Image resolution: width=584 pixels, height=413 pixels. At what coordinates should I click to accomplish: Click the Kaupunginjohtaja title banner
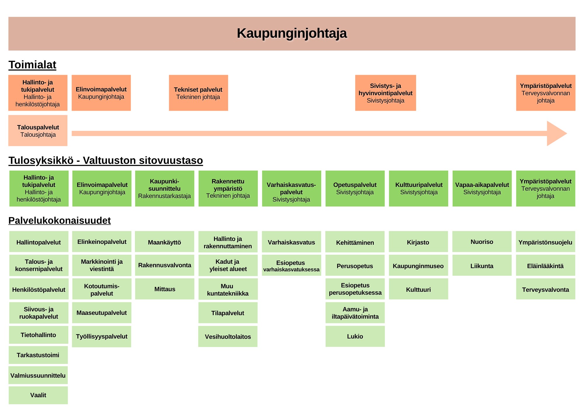pos(292,34)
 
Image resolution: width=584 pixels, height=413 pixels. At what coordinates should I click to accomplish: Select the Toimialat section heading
pos(32,65)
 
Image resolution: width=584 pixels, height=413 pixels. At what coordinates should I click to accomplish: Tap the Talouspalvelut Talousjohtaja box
pos(38,131)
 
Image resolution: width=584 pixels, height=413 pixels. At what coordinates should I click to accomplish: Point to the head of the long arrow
pos(566,133)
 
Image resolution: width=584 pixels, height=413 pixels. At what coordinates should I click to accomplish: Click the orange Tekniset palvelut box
pos(199,93)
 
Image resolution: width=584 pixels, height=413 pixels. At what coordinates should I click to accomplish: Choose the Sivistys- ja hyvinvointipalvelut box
pos(385,93)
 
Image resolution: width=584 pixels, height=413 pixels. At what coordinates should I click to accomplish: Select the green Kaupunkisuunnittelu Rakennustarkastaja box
pos(165,189)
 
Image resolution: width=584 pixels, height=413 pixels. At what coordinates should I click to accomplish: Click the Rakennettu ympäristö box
pos(228,189)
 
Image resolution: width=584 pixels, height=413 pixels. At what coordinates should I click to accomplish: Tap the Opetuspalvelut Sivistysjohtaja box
pos(355,189)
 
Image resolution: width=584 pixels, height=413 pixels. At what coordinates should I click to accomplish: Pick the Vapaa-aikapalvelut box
pos(482,189)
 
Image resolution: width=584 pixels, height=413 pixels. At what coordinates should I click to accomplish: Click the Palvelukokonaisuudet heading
pos(60,221)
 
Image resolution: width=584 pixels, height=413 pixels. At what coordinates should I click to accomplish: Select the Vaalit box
pos(38,395)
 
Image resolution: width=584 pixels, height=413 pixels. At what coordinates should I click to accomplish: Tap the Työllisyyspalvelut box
pos(102,336)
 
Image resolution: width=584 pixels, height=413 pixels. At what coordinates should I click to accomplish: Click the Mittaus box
pos(165,289)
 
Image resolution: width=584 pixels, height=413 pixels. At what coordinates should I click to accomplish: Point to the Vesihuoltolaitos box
pos(228,336)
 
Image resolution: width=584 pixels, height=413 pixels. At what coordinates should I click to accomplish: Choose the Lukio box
pos(355,336)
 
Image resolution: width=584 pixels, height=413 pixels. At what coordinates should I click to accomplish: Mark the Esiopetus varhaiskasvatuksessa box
pos(291,265)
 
